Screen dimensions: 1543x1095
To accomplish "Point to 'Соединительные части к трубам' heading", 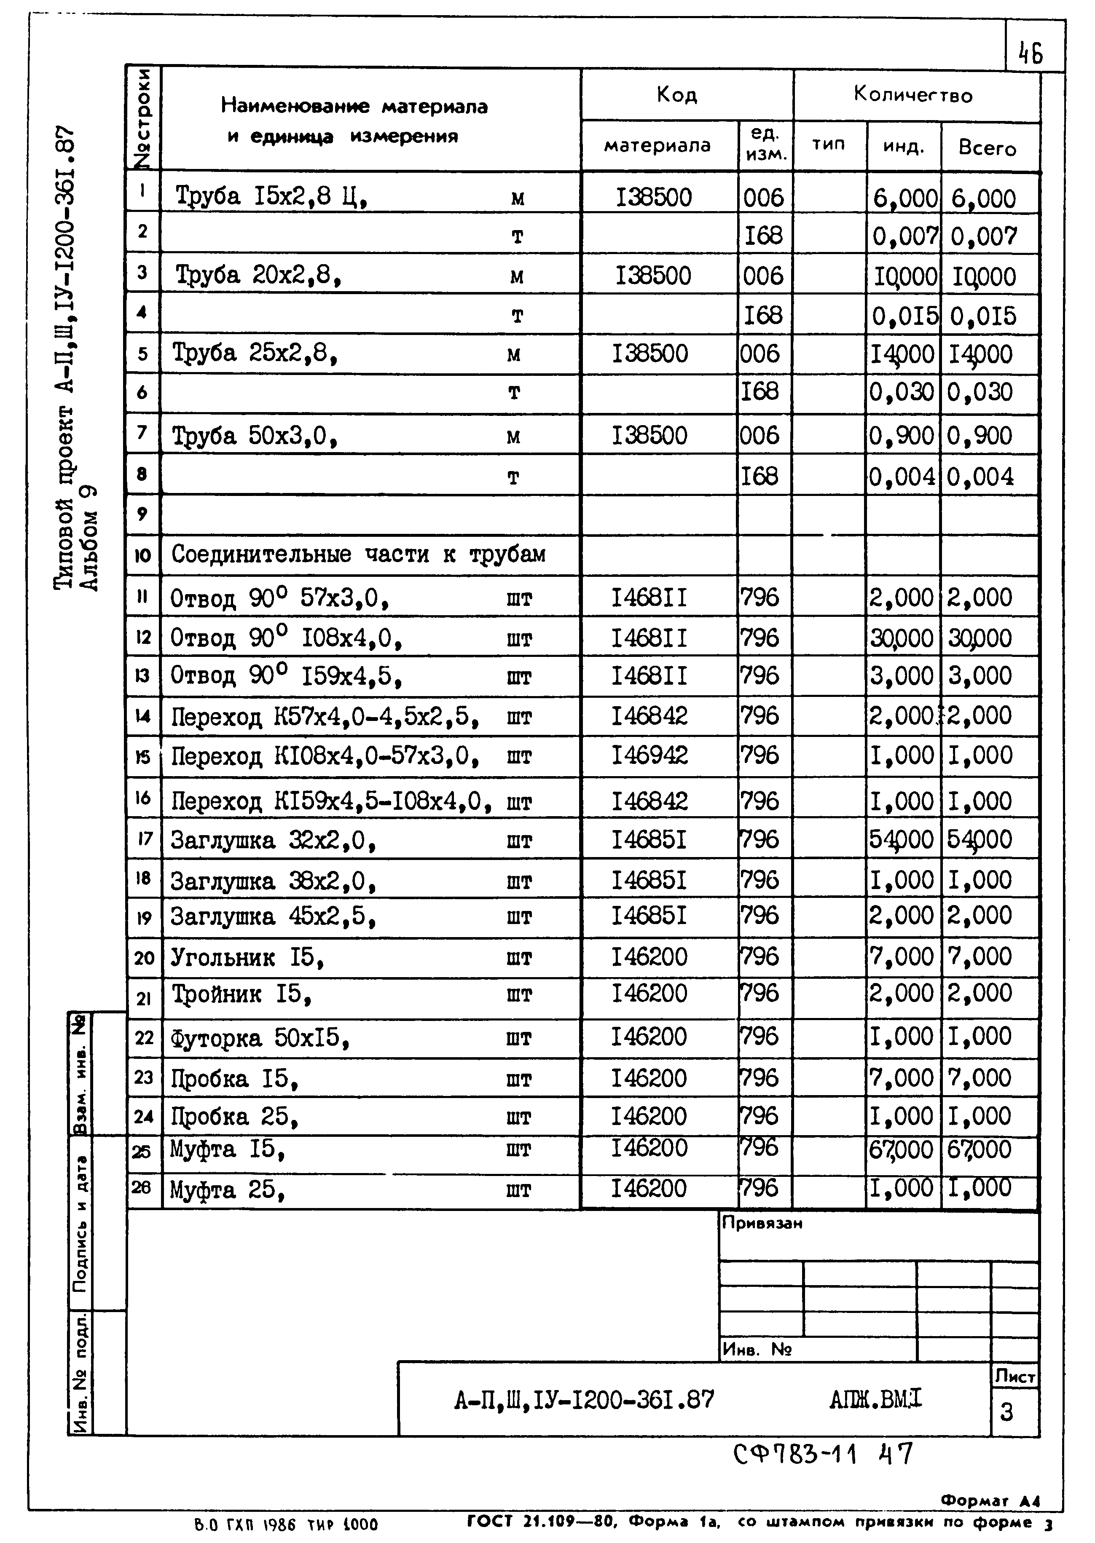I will click(358, 554).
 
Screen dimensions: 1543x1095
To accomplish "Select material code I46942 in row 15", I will click(649, 755).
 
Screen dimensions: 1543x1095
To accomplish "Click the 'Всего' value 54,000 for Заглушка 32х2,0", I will click(979, 839).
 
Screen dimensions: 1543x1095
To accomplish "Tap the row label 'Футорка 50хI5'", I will click(260, 1038).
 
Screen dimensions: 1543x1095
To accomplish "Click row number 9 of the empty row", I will click(142, 514).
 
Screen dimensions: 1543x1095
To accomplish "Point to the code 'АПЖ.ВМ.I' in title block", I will click(875, 1400).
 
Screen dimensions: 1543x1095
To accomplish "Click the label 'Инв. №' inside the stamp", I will click(757, 1349).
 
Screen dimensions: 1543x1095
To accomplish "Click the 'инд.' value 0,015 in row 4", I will click(904, 316).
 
